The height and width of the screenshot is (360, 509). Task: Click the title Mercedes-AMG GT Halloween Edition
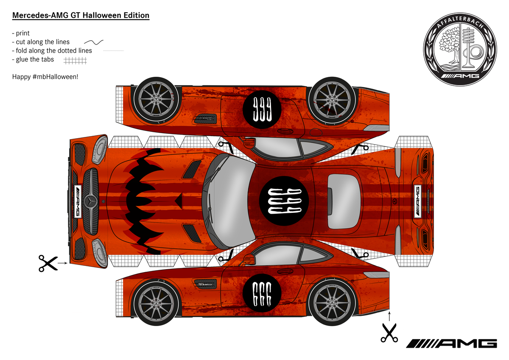81,16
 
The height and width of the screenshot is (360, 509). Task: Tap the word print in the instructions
23,33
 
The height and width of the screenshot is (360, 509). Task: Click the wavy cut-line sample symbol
94,42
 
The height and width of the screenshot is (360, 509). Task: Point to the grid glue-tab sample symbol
75,61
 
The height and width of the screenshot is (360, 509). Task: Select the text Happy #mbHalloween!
45,77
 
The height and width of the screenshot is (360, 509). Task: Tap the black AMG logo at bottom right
451,343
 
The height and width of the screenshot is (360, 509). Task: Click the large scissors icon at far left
48,263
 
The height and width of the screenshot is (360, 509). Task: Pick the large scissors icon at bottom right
389,332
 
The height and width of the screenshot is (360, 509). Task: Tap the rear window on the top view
344,200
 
